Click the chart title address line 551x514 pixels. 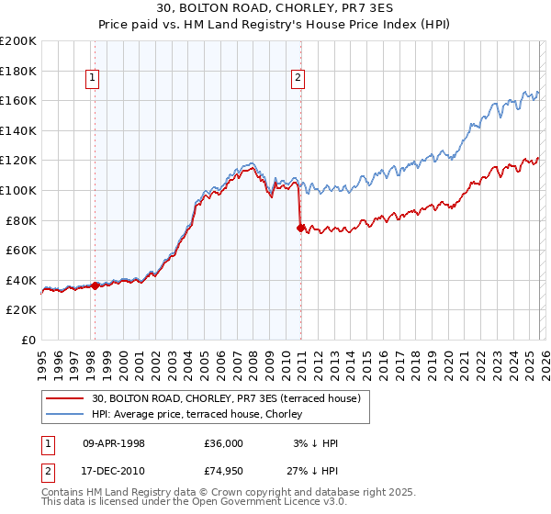point(275,8)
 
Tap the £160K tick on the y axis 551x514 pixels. point(18,100)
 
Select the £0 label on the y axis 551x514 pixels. point(29,340)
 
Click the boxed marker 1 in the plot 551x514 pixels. point(95,79)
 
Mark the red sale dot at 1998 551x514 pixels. point(95,285)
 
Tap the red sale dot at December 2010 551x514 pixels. point(300,229)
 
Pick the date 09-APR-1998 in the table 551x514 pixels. point(114,442)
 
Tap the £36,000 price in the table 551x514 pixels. point(224,442)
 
